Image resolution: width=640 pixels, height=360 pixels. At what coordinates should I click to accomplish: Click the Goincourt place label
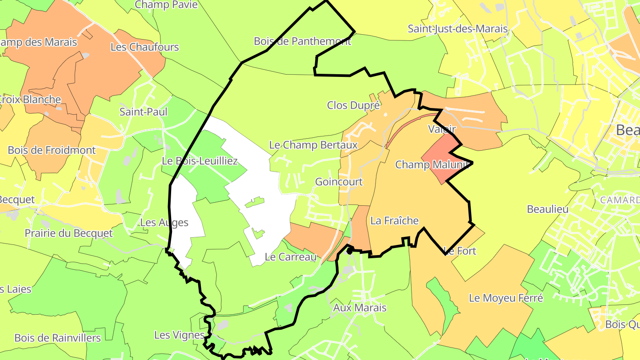click(x=339, y=182)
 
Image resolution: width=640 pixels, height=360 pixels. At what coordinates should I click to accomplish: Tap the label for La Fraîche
click(x=394, y=220)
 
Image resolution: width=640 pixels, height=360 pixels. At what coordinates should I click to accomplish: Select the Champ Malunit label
click(x=432, y=165)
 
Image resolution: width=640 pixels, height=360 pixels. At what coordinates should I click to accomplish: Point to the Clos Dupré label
click(x=353, y=105)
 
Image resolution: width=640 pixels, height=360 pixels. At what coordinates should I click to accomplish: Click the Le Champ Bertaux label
click(x=313, y=145)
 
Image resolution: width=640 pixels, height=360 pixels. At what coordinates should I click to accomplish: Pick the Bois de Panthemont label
click(x=302, y=41)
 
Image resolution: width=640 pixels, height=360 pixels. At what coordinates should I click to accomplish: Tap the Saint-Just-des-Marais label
click(x=458, y=29)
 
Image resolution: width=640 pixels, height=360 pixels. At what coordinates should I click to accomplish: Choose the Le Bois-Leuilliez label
click(x=200, y=161)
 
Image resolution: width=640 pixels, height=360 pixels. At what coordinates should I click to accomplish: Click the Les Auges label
click(x=164, y=223)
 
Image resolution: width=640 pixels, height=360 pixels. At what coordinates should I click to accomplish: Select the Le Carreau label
click(x=290, y=257)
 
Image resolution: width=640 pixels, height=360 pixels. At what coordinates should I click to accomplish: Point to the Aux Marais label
click(x=360, y=308)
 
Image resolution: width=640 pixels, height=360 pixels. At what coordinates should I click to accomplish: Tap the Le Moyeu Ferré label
click(x=506, y=298)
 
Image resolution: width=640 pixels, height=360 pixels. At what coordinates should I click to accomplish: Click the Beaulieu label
click(x=548, y=209)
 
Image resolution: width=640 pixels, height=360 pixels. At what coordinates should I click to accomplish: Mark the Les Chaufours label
click(x=144, y=47)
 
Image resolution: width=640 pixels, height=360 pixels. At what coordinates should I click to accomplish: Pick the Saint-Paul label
click(x=144, y=112)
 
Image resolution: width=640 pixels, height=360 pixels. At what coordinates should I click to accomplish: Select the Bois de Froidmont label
click(x=52, y=150)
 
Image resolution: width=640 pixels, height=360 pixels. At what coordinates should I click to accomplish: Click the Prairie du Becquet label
click(x=68, y=233)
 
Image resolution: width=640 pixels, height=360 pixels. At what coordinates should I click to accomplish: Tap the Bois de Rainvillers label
click(x=57, y=338)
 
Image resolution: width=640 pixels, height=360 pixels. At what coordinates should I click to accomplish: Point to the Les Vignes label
click(x=179, y=335)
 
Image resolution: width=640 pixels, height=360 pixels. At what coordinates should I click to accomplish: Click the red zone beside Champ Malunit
click(x=440, y=158)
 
